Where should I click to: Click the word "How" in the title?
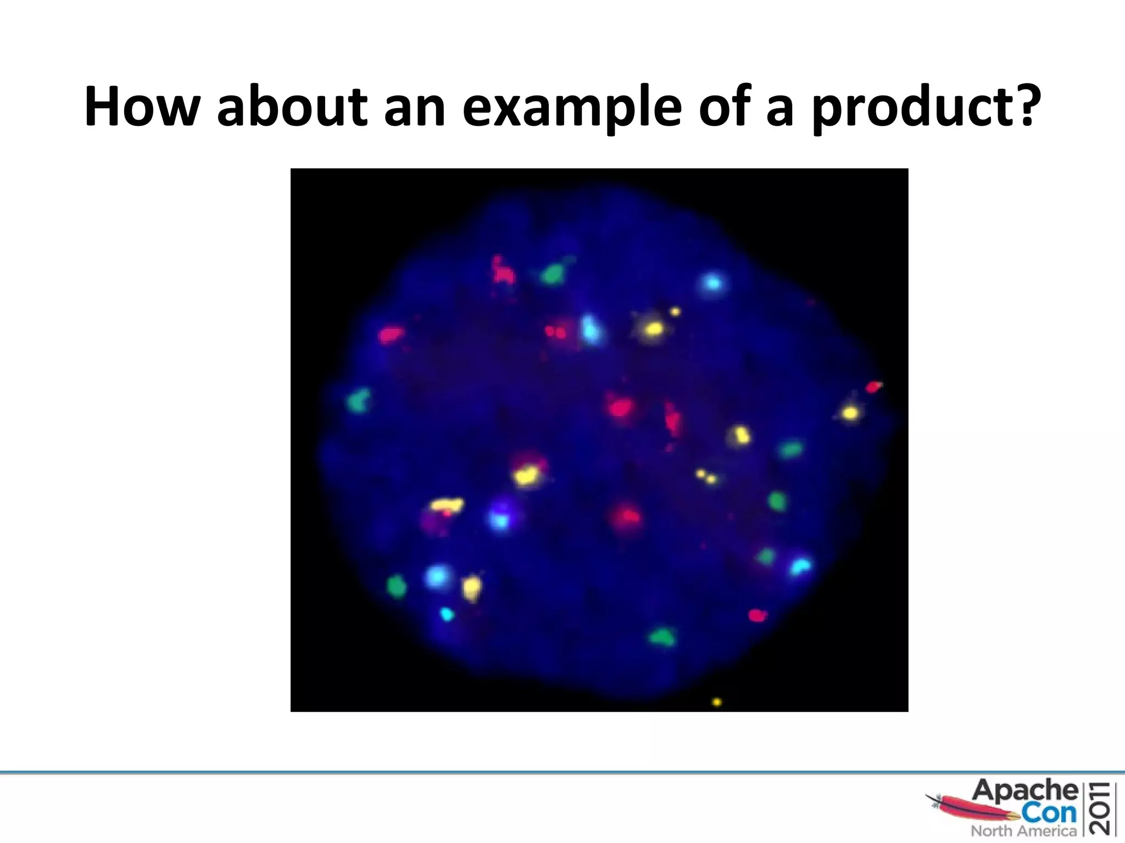pyautogui.click(x=141, y=107)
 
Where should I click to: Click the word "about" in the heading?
pyautogui.click(x=292, y=107)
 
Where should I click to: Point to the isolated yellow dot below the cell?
pyautogui.click(x=716, y=702)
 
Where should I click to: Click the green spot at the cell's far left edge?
pyautogui.click(x=358, y=401)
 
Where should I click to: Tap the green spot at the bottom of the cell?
pyautogui.click(x=662, y=637)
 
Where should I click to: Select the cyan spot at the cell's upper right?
pyautogui.click(x=712, y=283)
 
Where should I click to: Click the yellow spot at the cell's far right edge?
pyautogui.click(x=850, y=412)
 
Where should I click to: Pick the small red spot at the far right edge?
pyautogui.click(x=873, y=387)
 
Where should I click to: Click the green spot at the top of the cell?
pyautogui.click(x=553, y=273)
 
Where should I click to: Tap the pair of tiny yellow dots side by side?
pyautogui.click(x=706, y=476)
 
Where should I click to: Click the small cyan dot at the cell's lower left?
pyautogui.click(x=447, y=614)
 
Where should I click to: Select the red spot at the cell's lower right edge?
pyautogui.click(x=758, y=615)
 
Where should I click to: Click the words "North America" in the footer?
pyautogui.click(x=1023, y=831)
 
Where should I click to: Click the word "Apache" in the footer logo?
pyautogui.click(x=1025, y=791)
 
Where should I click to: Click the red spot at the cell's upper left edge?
pyautogui.click(x=391, y=334)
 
